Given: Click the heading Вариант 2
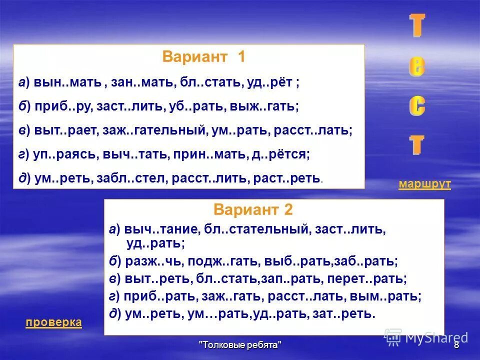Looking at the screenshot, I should (253, 209).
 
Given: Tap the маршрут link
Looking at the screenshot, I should (424, 184).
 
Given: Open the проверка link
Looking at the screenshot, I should (53, 322).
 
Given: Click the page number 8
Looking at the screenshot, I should (456, 345).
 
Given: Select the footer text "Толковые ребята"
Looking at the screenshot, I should (240, 345).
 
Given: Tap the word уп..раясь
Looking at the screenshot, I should (66, 155).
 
